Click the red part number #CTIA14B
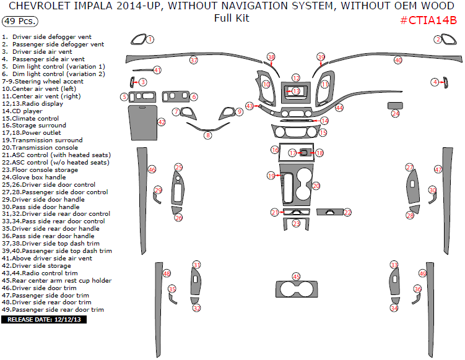tap(428, 20)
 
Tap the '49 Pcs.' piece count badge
tap(19, 20)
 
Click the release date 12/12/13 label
tap(44, 320)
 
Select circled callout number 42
tap(162, 122)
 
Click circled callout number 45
tap(296, 276)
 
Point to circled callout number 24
tap(395, 114)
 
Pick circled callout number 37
tap(194, 61)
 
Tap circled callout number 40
tap(398, 61)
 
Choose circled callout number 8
tap(208, 135)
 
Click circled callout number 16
tap(275, 150)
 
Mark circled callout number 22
tap(347, 212)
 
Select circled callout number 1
tap(150, 40)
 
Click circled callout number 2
tap(438, 40)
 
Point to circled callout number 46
tap(152, 169)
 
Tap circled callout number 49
tap(422, 273)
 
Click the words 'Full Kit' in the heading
tap(232, 18)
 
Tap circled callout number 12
tap(296, 78)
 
